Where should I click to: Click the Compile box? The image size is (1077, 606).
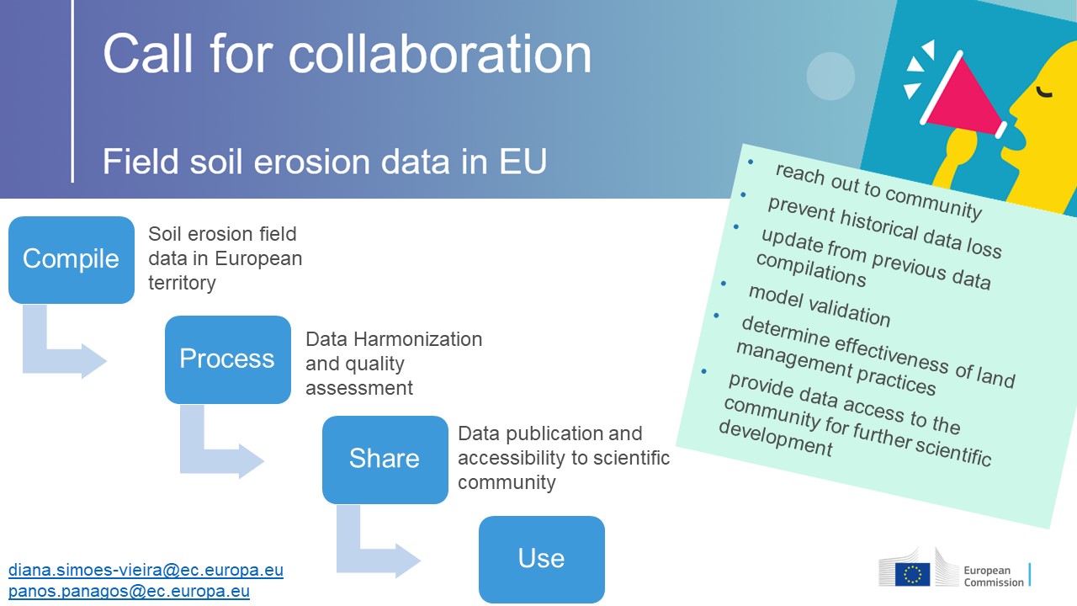(72, 260)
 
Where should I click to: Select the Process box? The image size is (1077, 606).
(228, 359)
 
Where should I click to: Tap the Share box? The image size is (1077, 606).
(385, 460)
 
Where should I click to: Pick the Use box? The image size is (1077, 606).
(542, 560)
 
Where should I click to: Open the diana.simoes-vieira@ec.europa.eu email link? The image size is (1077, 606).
(146, 570)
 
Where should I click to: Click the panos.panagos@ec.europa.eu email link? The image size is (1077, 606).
(129, 591)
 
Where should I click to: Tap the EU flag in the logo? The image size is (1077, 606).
(912, 574)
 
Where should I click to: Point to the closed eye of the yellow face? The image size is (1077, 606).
(1044, 92)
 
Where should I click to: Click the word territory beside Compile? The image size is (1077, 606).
(183, 283)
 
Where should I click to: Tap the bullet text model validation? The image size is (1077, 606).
(820, 306)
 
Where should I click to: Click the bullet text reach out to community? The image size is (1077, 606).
(879, 191)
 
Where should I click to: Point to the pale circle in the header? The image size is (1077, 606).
(830, 76)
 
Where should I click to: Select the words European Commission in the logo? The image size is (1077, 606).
(994, 577)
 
